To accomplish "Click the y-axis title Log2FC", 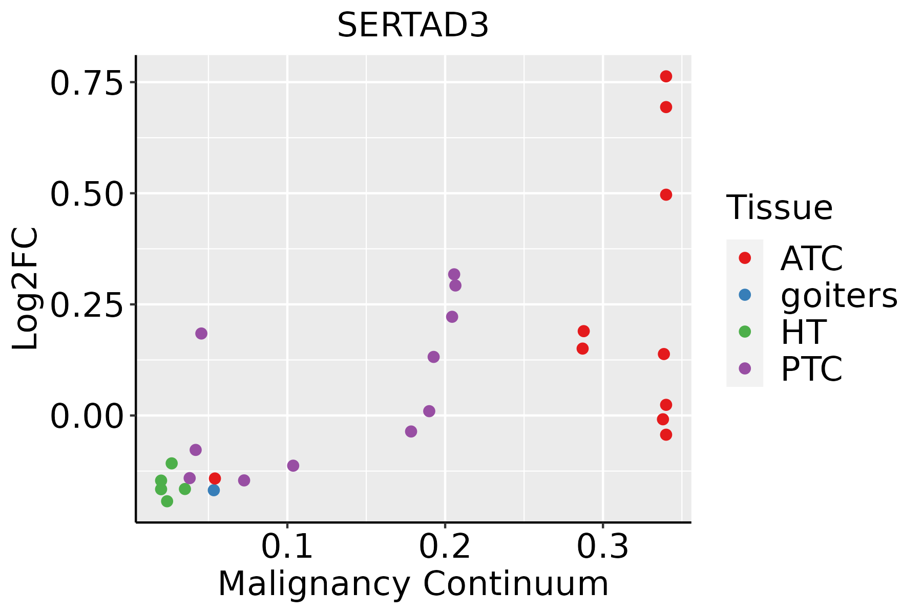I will [26, 289].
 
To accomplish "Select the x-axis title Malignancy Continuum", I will [413, 584].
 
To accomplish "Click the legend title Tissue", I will [780, 208].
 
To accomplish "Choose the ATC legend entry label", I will [811, 258].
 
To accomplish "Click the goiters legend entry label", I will [839, 295].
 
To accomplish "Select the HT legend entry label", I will [803, 332].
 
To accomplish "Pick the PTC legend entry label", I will [811, 369].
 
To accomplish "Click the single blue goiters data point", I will [214, 490].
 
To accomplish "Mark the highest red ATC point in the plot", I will [666, 76].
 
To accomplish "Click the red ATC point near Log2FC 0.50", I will [666, 195].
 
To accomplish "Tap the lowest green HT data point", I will [167, 501].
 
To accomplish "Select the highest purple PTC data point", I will [454, 274].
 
